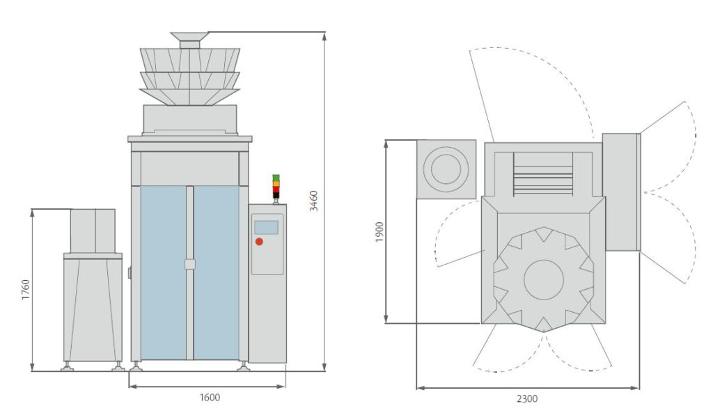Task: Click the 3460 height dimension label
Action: pos(313,201)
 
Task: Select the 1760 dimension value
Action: pos(26,290)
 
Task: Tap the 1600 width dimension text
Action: pos(210,397)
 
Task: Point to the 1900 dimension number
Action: pos(379,232)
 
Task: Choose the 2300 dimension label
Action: pos(526,398)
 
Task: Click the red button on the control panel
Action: pos(259,242)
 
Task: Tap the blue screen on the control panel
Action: pos(266,228)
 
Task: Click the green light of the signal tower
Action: pos(276,178)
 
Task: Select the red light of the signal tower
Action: pos(276,189)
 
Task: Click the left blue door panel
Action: pos(163,272)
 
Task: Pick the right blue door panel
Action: pos(217,272)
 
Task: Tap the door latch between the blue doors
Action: pos(190,264)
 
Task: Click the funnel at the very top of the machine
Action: pos(189,40)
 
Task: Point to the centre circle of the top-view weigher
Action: pos(543,279)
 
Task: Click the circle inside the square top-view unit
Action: pos(446,169)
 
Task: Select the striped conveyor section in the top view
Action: pos(543,174)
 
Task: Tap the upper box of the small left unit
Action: pos(93,231)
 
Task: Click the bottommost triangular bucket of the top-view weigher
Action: pos(543,323)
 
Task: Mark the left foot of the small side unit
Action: pos(68,367)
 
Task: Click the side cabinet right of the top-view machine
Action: pos(621,192)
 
